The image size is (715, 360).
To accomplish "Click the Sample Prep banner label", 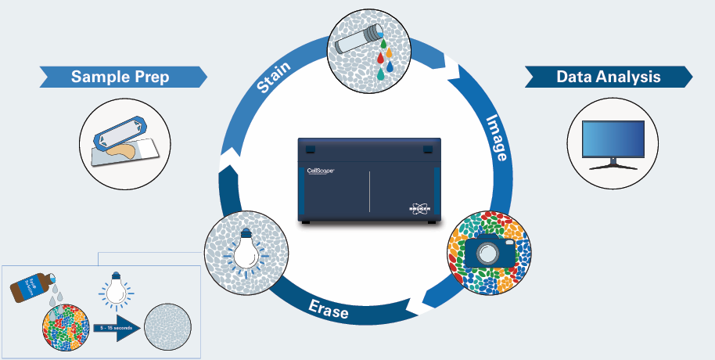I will coord(120,77).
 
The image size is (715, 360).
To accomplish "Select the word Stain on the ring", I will coord(274,77).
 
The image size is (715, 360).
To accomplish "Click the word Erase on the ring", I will coord(328,311).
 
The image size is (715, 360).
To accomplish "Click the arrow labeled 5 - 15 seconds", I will coord(117,329).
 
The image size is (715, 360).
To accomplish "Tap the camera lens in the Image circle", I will coord(489,254).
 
